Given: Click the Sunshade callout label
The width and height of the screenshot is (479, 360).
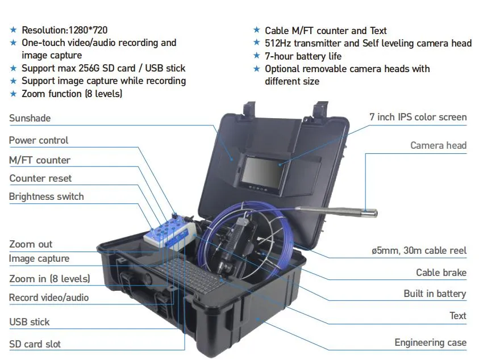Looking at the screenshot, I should (x=30, y=118).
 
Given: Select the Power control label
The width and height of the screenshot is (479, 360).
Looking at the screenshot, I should (x=39, y=140).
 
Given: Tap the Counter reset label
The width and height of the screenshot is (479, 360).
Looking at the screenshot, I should (x=40, y=178).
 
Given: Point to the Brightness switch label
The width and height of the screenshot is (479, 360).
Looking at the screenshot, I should (x=47, y=196).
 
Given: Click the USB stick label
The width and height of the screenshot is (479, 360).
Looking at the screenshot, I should (x=30, y=322).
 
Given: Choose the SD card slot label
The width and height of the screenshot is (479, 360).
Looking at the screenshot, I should (x=35, y=344).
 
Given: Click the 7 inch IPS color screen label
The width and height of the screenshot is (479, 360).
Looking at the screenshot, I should (x=418, y=118).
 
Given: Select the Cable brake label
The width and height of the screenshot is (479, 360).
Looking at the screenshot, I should (x=441, y=273).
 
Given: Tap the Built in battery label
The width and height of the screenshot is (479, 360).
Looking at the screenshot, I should (x=435, y=294).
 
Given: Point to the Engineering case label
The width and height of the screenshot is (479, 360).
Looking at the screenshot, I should (x=430, y=342).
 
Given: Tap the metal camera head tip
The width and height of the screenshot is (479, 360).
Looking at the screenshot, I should (x=370, y=214).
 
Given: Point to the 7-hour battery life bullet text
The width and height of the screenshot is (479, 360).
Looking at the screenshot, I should (x=303, y=56).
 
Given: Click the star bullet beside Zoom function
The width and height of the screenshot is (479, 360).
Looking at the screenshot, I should (x=14, y=94).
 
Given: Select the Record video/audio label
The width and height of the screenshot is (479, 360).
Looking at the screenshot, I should (x=49, y=298).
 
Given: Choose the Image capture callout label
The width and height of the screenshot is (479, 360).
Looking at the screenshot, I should (x=39, y=259).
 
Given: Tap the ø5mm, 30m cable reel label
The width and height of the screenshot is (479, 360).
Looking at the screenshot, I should (x=417, y=250).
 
